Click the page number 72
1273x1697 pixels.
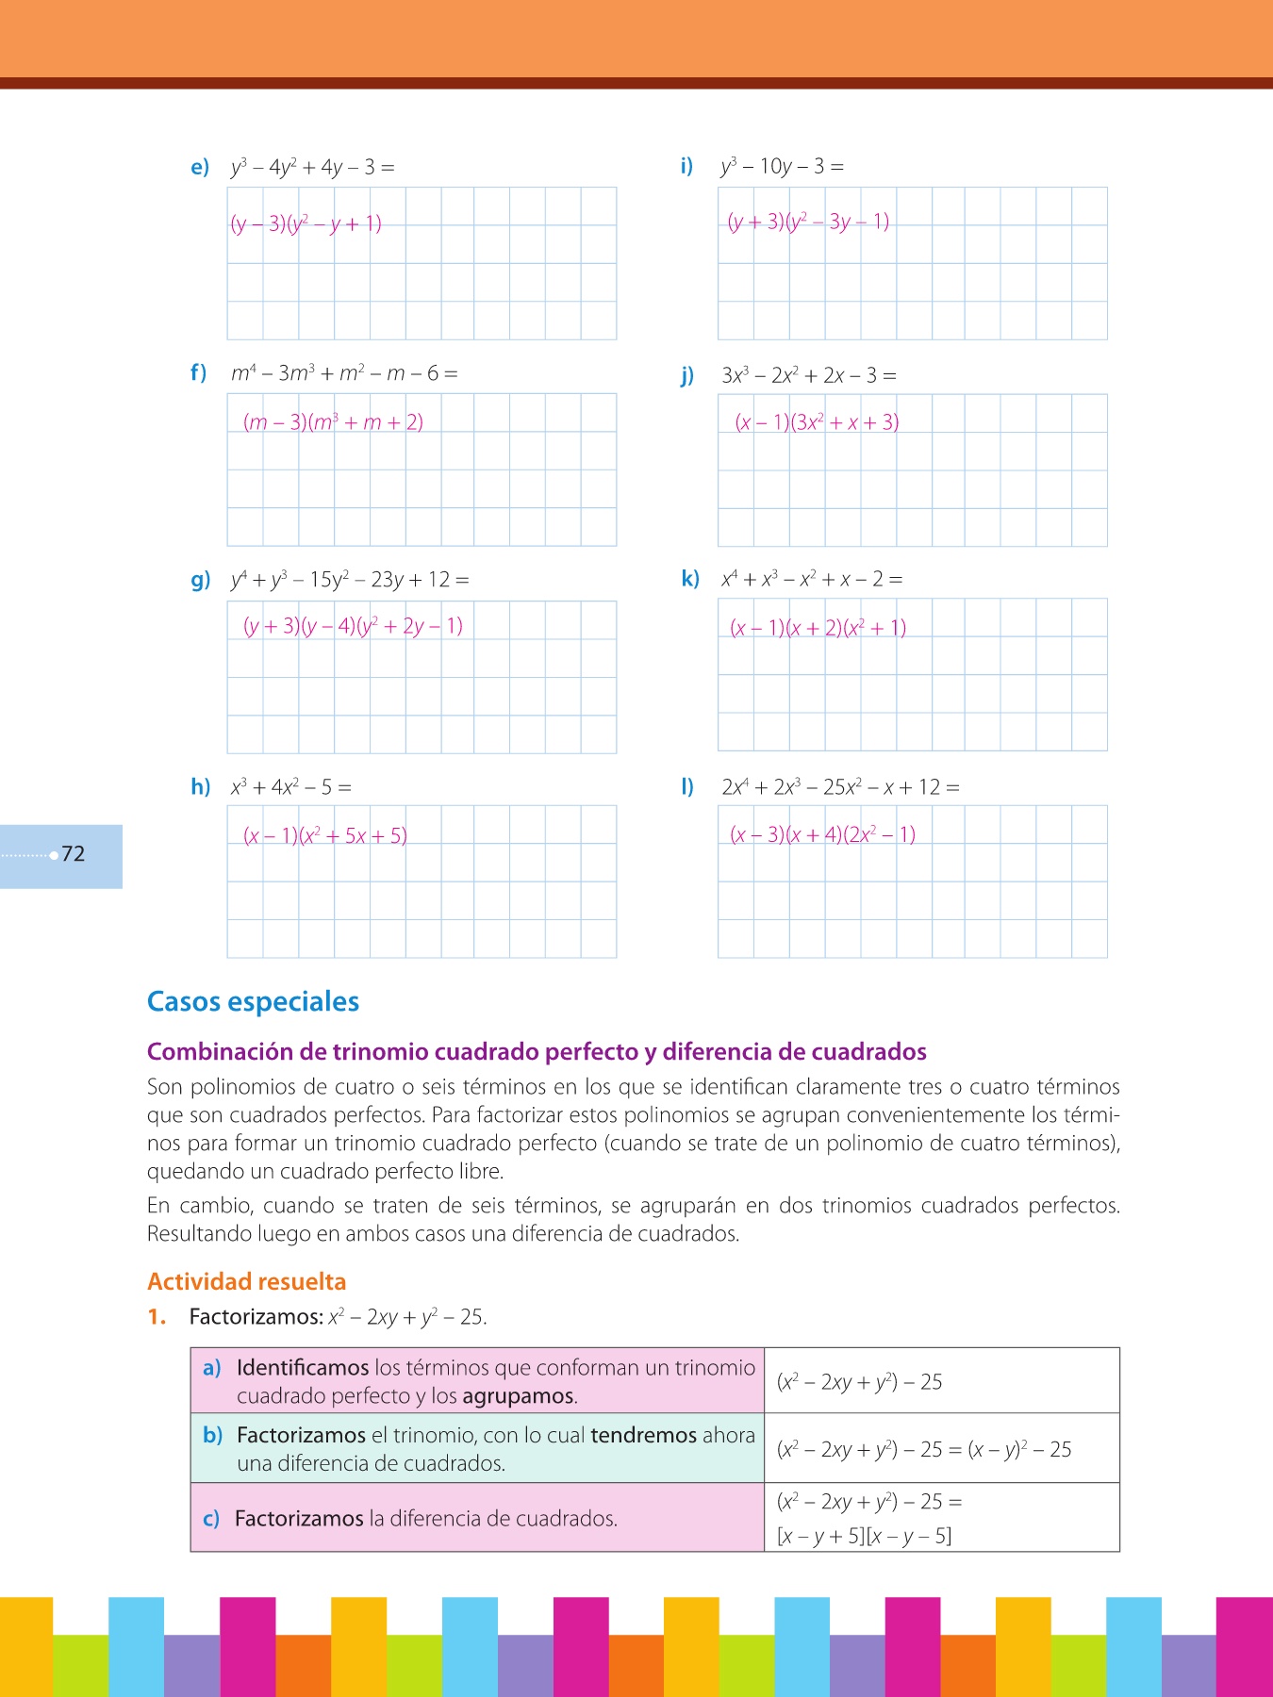74,854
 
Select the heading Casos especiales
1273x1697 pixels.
253,1001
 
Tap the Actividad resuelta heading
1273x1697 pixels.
246,1281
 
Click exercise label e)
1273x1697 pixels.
200,168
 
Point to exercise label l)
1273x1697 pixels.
687,786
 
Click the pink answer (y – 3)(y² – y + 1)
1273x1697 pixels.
306,223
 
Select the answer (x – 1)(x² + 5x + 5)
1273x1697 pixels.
324,835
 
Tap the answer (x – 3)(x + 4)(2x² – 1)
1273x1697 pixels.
822,834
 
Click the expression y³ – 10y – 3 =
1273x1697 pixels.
782,167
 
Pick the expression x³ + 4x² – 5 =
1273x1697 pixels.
290,786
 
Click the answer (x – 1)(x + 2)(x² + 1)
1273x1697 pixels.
818,628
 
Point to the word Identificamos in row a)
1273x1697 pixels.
303,1367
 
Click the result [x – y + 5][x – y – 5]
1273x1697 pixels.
864,1536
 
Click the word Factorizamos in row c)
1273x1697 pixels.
299,1519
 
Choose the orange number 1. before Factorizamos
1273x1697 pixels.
157,1317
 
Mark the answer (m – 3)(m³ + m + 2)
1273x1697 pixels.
333,422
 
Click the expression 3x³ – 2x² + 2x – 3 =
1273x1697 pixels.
808,375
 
